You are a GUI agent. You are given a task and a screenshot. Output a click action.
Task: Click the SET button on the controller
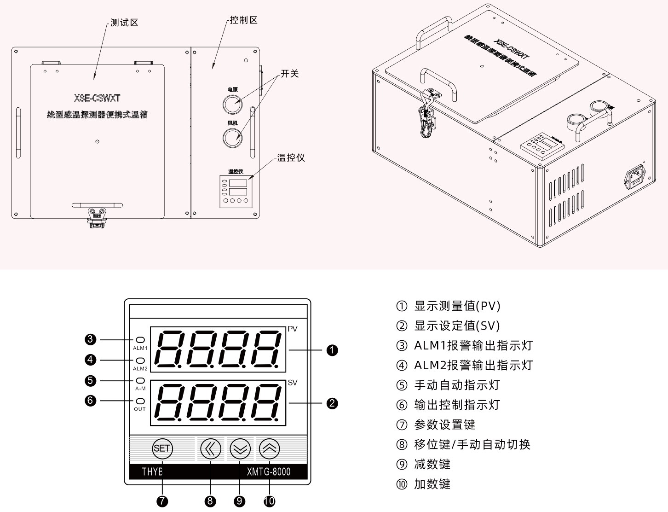[x=162, y=448]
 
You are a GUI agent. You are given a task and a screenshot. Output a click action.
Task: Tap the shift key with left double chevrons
[x=210, y=448]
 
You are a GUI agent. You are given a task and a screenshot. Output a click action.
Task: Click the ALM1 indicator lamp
[x=140, y=340]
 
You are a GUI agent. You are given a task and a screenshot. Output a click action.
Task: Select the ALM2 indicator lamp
[x=140, y=361]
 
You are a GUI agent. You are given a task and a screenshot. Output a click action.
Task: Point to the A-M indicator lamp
[x=140, y=381]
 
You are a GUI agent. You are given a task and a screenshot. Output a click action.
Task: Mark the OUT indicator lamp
[x=140, y=401]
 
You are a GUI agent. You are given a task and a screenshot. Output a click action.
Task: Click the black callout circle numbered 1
[x=332, y=350]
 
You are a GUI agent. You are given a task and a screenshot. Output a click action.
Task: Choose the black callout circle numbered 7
[x=162, y=501]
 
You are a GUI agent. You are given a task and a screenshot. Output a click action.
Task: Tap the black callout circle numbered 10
[x=269, y=501]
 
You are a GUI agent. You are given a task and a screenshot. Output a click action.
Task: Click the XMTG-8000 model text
[x=269, y=471]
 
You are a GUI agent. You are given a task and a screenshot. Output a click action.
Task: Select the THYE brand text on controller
[x=152, y=471]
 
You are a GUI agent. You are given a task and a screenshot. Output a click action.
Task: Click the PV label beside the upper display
[x=293, y=329]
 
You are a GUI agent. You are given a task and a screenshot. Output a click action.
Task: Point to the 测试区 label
[x=124, y=23]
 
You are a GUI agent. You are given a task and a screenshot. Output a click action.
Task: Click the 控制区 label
[x=244, y=20]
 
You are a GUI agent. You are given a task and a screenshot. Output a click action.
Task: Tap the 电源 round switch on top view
[x=232, y=104]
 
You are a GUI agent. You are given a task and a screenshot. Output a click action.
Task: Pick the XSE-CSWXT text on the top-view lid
[x=97, y=98]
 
